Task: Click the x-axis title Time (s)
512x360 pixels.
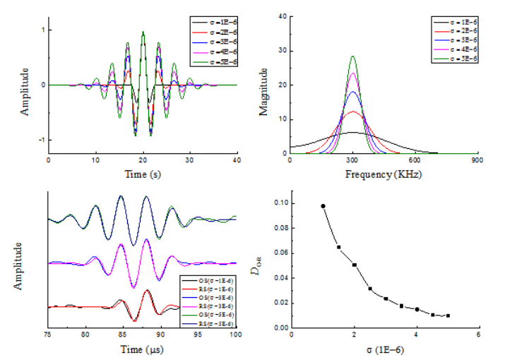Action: pyautogui.click(x=143, y=173)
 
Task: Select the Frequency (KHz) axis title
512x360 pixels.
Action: pyautogui.click(x=383, y=173)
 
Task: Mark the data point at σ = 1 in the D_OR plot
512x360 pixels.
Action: pyautogui.click(x=323, y=206)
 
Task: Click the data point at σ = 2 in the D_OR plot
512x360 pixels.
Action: pyautogui.click(x=355, y=265)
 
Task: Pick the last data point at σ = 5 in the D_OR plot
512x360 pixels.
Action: pyautogui.click(x=448, y=316)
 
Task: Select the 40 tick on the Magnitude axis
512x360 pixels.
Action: pyautogui.click(x=282, y=16)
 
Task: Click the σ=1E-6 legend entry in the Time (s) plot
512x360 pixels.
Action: pyautogui.click(x=215, y=24)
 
